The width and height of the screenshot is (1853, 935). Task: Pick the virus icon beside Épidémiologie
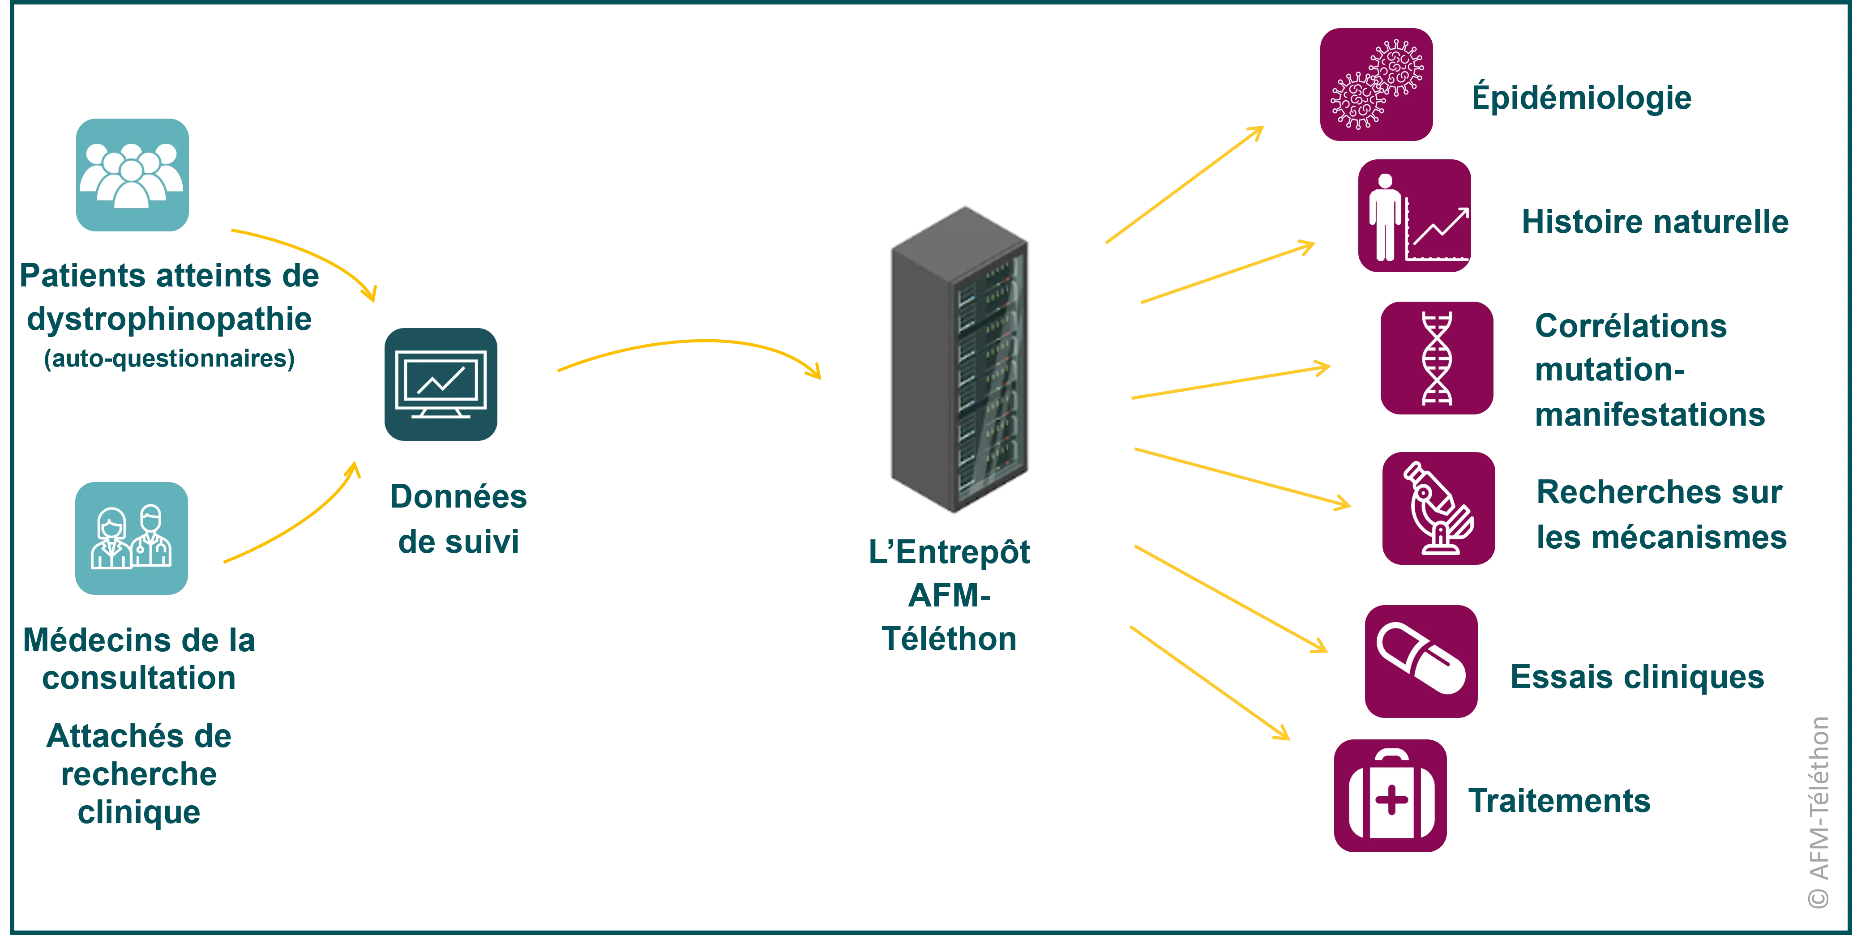pyautogui.click(x=1377, y=84)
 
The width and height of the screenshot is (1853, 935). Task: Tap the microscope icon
pyautogui.click(x=1439, y=508)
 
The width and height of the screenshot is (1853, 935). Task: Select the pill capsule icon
pyautogui.click(x=1421, y=662)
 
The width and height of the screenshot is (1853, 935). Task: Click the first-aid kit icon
pyautogui.click(x=1390, y=795)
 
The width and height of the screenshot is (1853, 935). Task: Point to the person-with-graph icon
pyautogui.click(x=1414, y=215)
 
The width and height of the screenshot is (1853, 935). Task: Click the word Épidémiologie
pyautogui.click(x=1581, y=98)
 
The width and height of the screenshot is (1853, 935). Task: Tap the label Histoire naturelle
pyautogui.click(x=1655, y=222)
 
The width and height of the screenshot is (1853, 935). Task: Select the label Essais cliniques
pyautogui.click(x=1637, y=678)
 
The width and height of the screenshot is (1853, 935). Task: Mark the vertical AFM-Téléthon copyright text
pyautogui.click(x=1820, y=813)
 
